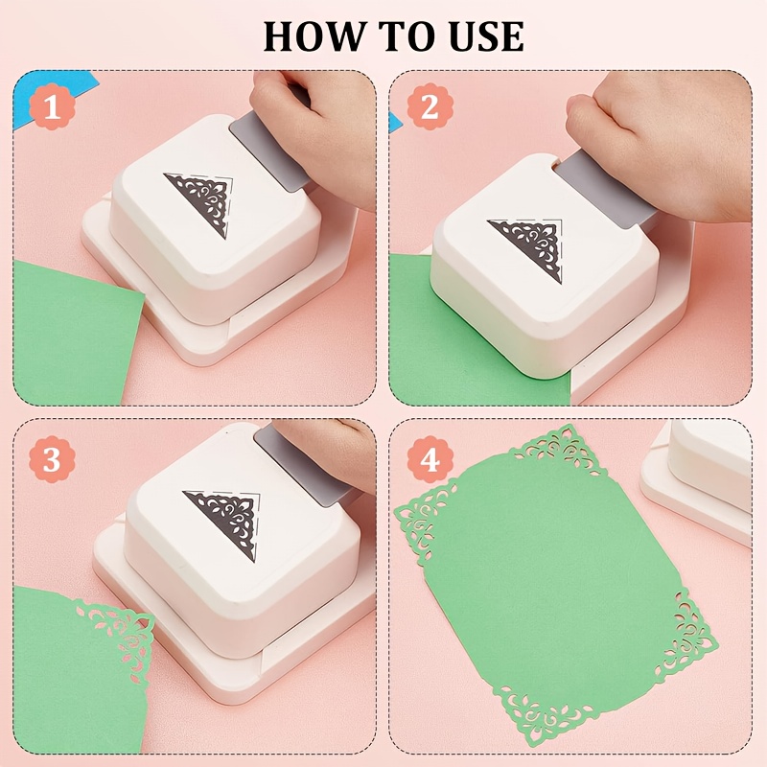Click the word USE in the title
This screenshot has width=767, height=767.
[487, 36]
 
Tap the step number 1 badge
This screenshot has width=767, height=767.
[52, 106]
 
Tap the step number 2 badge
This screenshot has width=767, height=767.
[430, 106]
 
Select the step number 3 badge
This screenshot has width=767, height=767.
[52, 459]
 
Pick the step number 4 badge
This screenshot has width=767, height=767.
[430, 459]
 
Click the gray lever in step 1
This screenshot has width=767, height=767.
[269, 150]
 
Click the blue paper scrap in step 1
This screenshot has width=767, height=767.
[49, 95]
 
